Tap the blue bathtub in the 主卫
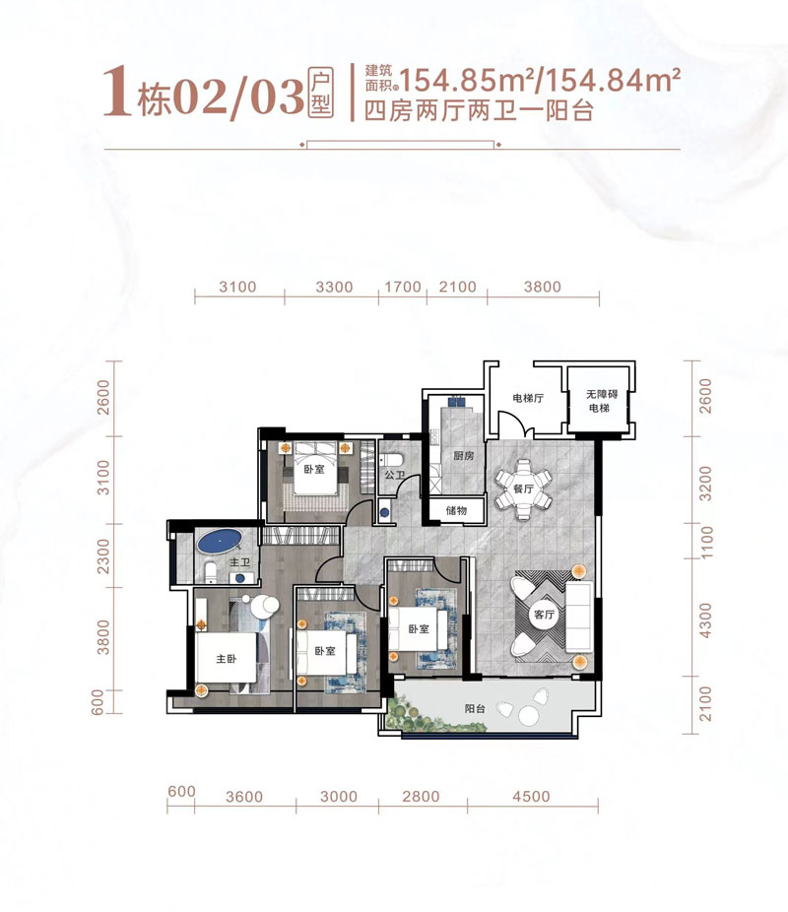point(221,541)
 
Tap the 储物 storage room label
point(455,510)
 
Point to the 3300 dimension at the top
point(334,288)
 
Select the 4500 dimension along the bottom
point(531,797)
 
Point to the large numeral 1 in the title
point(117,93)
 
